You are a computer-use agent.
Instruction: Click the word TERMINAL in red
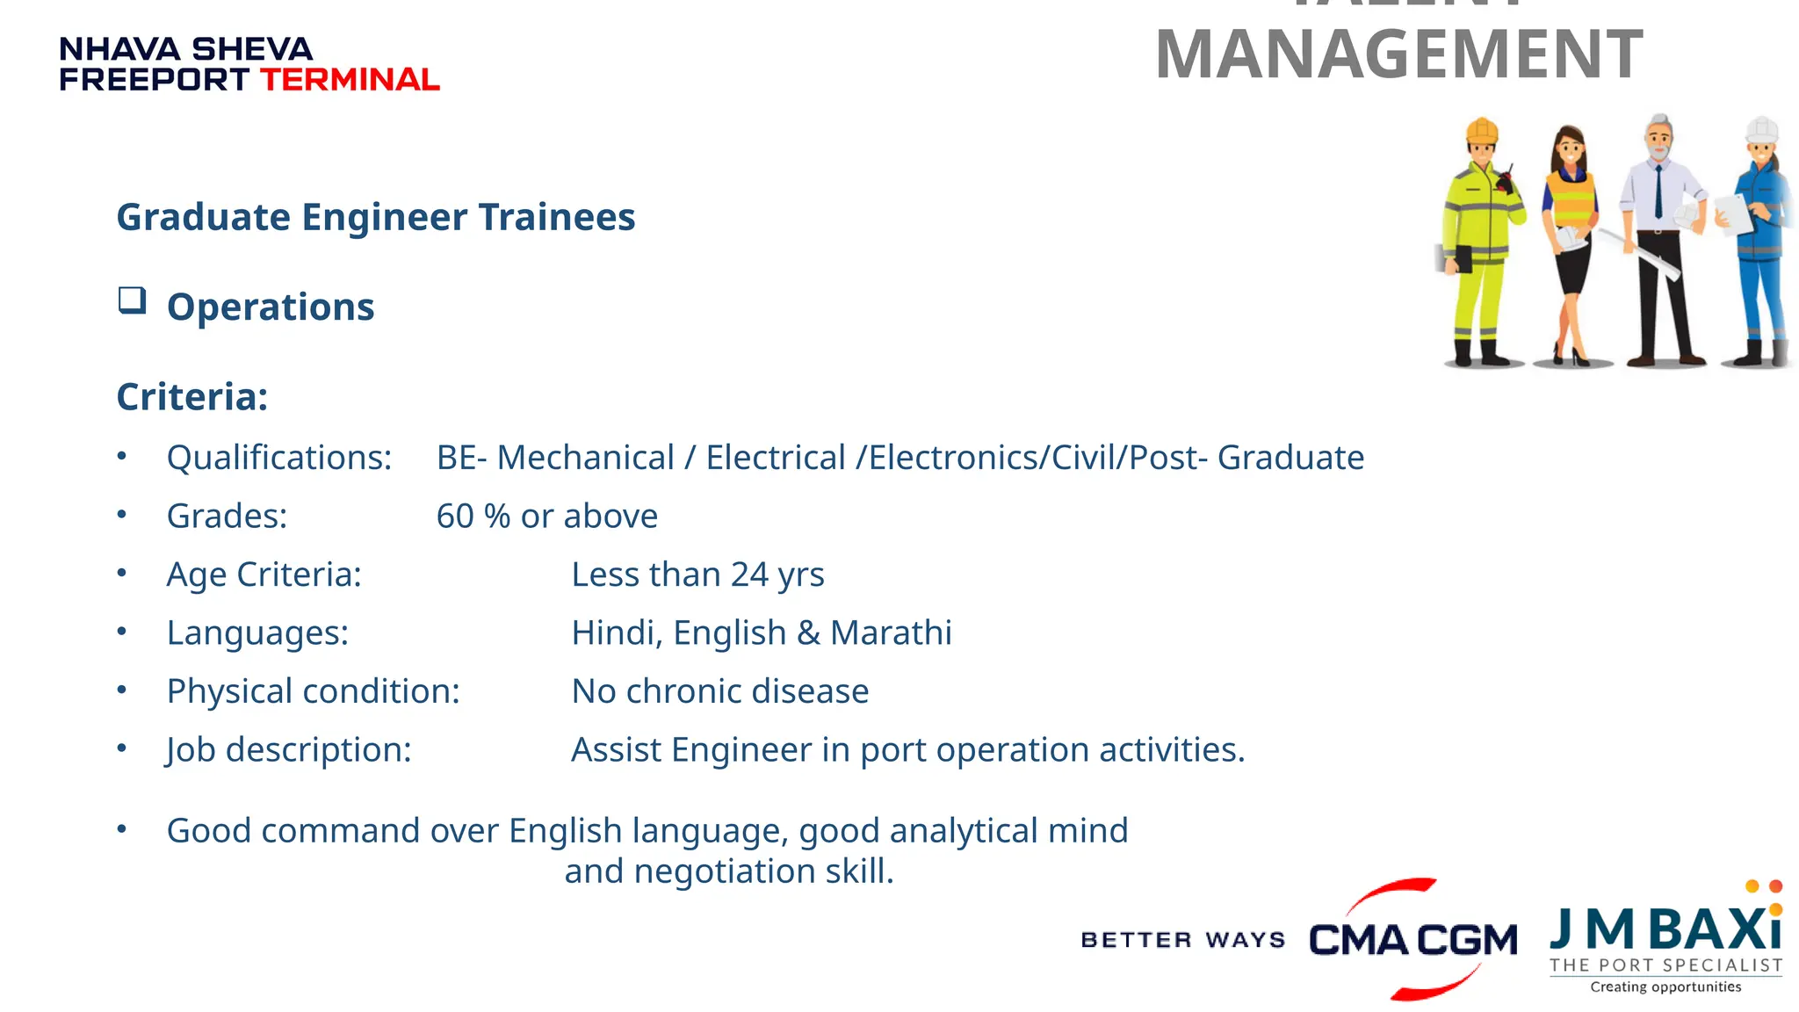pos(350,80)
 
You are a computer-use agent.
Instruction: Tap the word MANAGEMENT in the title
pos(1398,54)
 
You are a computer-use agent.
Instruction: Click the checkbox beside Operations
pos(133,301)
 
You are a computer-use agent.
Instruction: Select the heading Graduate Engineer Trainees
pos(376,217)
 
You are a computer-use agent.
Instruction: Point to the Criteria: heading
pos(192,397)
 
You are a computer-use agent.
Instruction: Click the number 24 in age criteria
pos(749,575)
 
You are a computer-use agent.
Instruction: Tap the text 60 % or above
pos(546,517)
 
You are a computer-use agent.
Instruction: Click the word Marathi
pos(891,633)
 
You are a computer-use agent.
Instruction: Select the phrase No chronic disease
pos(719,691)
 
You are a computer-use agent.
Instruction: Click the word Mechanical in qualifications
pos(586,458)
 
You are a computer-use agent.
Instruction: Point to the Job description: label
pos(289,750)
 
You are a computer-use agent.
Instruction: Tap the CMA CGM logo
pos(1412,940)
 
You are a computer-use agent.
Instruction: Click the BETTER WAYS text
pos(1182,940)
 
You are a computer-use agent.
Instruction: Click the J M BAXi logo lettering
pos(1665,929)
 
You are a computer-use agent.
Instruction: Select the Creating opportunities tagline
pos(1665,987)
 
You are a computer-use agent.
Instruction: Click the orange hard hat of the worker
pos(1482,131)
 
